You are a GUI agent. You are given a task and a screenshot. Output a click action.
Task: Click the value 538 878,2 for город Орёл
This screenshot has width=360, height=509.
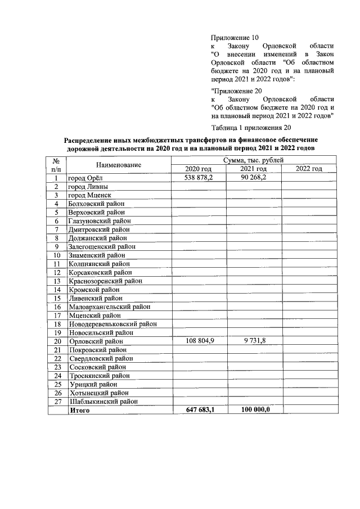coord(199,178)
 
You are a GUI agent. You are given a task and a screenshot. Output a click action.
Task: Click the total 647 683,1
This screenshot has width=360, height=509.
coord(199,411)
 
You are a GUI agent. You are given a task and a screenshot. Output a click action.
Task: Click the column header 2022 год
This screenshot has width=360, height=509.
coord(309,169)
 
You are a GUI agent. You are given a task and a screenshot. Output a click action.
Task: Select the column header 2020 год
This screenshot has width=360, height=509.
coord(199,169)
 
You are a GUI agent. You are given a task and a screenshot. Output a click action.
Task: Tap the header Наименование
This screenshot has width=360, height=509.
coord(118,165)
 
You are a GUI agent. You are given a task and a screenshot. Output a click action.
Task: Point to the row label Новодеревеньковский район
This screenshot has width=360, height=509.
coord(112,324)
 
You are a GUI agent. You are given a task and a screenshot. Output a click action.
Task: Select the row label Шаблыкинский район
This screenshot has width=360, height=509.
coord(103,402)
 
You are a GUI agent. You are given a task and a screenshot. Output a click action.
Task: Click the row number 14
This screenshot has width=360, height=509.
coord(57,290)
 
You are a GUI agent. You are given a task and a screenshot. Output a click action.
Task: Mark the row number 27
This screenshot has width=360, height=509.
coord(57,402)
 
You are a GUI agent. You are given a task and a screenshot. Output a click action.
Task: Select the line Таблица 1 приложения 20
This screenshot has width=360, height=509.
coord(251,127)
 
